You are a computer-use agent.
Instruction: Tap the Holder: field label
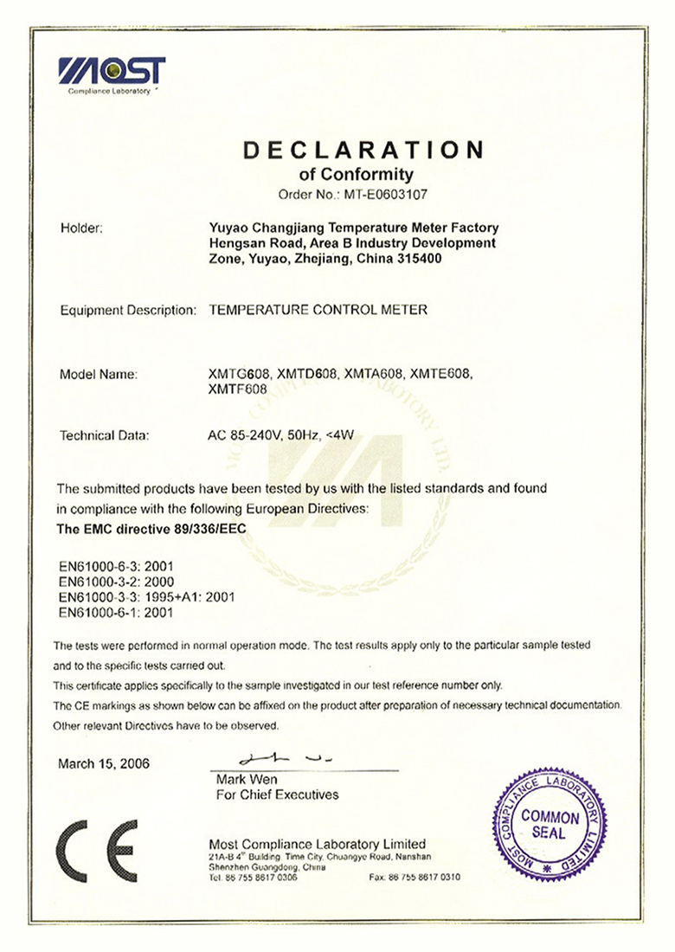pyautogui.click(x=82, y=228)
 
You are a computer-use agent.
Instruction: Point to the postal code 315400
pyautogui.click(x=419, y=259)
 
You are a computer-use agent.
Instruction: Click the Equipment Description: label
pyautogui.click(x=125, y=309)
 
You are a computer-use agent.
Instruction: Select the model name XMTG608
pyautogui.click(x=236, y=375)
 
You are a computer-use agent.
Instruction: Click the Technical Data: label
pyautogui.click(x=105, y=435)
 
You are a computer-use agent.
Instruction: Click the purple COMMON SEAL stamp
pyautogui.click(x=550, y=824)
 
